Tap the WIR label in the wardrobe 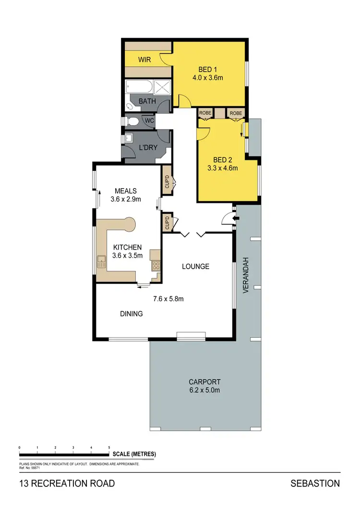(144, 60)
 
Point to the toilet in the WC (132, 121)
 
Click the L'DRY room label (148, 148)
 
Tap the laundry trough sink (129, 139)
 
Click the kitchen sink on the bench (102, 262)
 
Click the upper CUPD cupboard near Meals (167, 180)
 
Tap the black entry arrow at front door (235, 219)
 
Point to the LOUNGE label (195, 266)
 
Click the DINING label (132, 314)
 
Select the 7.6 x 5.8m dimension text (168, 299)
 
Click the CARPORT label (204, 382)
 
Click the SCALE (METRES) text (134, 454)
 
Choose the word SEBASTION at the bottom (315, 484)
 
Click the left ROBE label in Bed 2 (205, 113)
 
